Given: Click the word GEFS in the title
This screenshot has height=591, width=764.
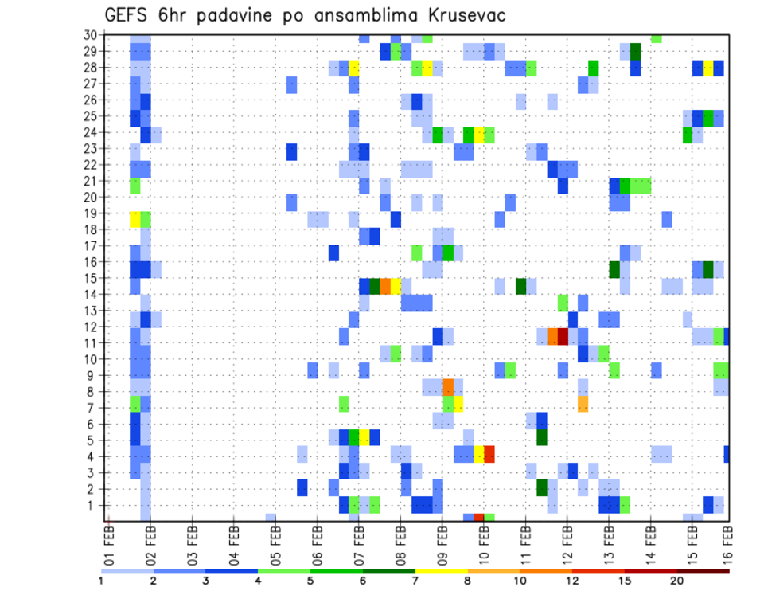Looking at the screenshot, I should (131, 15).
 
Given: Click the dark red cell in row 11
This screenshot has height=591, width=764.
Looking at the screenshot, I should (563, 336).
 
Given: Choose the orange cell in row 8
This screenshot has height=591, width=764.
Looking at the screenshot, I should (448, 388).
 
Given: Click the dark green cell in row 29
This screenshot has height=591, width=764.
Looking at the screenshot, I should (635, 51).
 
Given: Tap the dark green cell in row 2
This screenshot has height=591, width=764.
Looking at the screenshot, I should (542, 487).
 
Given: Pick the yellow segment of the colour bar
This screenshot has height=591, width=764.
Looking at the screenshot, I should (442, 571).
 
